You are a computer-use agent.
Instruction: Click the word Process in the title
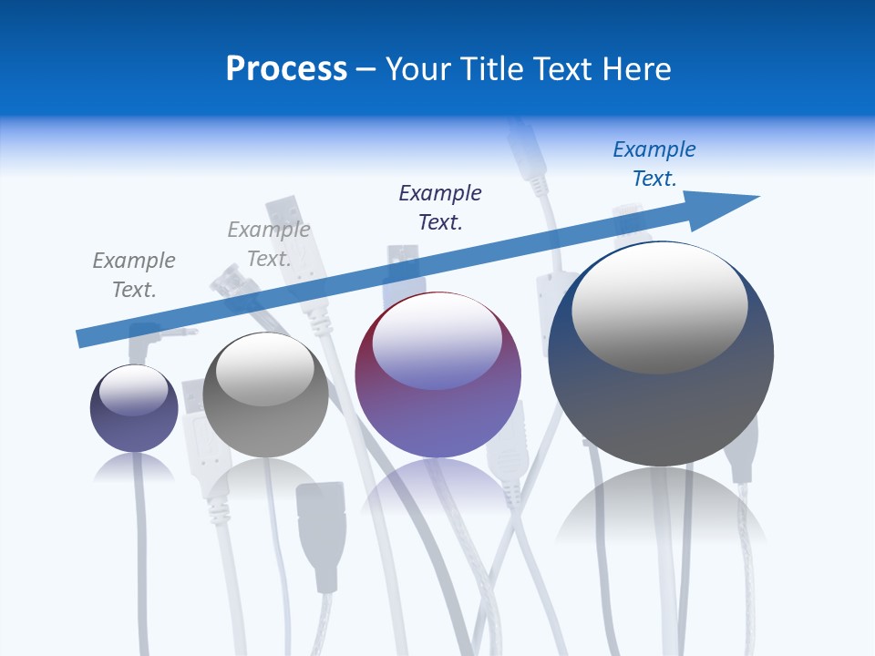point(286,69)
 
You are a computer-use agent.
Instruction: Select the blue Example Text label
point(654,164)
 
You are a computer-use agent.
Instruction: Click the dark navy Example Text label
point(440,207)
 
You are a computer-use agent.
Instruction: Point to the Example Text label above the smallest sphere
point(134,274)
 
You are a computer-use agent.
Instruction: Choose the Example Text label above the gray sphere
point(269,244)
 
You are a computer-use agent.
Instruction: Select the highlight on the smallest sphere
point(134,390)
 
